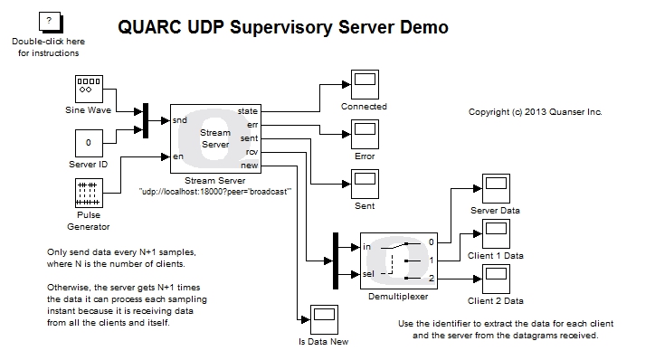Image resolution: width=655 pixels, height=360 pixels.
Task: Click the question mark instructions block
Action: [x=48, y=23]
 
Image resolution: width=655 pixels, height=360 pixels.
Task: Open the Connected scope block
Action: [x=364, y=85]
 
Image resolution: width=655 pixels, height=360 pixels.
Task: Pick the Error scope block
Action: [x=364, y=135]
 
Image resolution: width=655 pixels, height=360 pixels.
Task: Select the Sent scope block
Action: [x=364, y=185]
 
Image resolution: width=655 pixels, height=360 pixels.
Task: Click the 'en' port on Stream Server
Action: [x=178, y=156]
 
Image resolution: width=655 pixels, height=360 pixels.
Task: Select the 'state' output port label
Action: [x=247, y=111]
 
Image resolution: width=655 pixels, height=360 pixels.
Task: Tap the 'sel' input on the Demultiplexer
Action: [x=366, y=273]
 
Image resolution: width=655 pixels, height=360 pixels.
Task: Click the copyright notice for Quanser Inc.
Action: [x=535, y=112]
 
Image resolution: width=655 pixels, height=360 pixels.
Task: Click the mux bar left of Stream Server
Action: [x=145, y=120]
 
